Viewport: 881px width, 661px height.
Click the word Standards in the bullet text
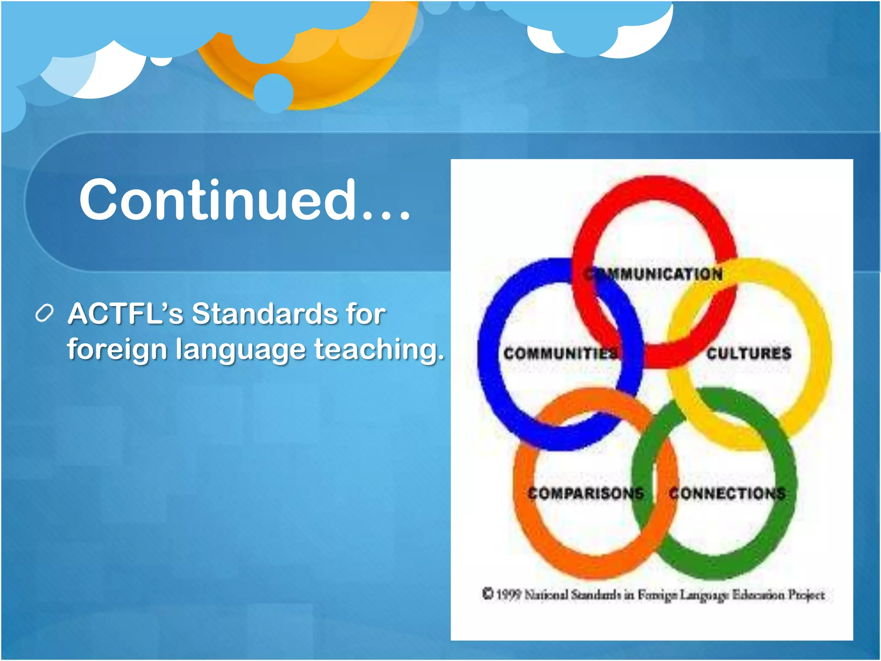point(264,313)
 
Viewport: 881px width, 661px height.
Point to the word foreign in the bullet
point(117,349)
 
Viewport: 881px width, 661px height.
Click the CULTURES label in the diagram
point(749,353)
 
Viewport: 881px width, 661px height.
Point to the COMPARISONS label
point(586,493)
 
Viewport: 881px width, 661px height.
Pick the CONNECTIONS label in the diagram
point(727,493)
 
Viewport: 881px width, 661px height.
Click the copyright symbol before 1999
point(487,594)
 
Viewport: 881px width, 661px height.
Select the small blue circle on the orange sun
point(273,93)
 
